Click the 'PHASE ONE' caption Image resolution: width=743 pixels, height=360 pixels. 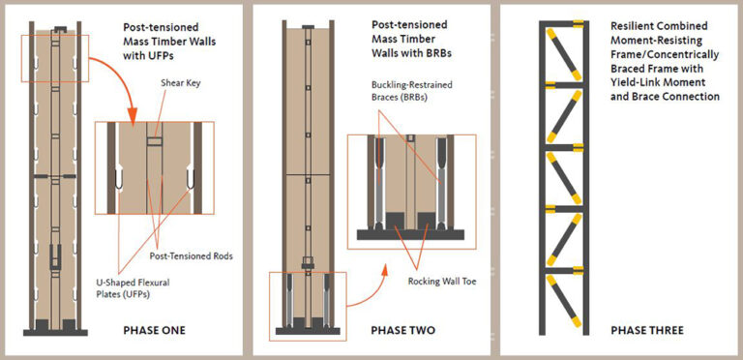tap(154, 330)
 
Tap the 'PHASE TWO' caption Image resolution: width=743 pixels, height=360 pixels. tap(402, 330)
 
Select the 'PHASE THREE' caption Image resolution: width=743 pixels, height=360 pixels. tap(647, 330)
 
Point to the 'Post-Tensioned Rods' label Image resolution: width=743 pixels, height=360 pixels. tap(191, 256)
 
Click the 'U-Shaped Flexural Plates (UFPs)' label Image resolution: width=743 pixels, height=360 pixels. tap(133, 288)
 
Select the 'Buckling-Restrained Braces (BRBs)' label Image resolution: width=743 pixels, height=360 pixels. tap(412, 90)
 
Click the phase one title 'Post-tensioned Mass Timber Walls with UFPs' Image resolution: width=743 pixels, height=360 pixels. tap(169, 42)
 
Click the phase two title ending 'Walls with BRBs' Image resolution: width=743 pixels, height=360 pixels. tap(411, 39)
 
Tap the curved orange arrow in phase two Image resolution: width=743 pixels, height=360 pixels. tap(370, 290)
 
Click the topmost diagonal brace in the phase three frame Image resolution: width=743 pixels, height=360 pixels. tap(564, 54)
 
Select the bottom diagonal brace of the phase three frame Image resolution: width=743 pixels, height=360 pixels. tap(564, 301)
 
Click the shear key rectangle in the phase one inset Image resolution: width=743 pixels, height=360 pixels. tap(154, 141)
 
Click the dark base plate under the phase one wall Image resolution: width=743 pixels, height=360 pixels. tap(55, 333)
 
